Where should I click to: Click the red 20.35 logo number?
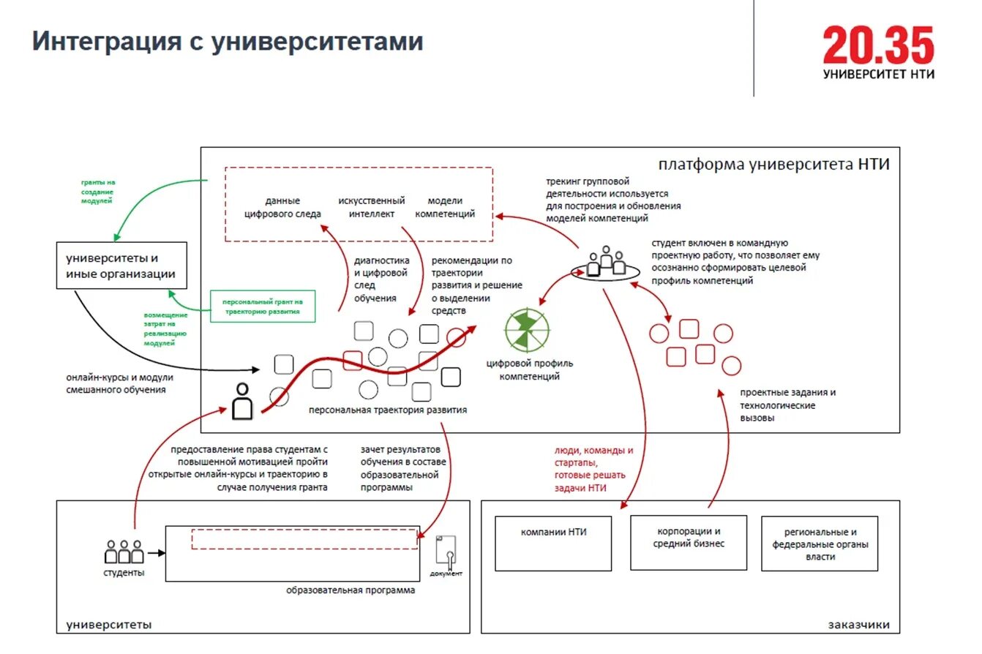[x=878, y=45]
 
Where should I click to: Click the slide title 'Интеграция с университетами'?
[x=228, y=41]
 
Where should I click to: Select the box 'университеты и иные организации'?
[x=121, y=266]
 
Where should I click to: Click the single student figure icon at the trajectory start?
[x=242, y=402]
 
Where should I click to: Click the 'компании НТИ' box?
[x=553, y=543]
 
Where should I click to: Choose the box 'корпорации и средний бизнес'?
[x=689, y=542]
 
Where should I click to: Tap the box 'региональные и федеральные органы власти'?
[x=820, y=544]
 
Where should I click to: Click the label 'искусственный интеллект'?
[x=372, y=207]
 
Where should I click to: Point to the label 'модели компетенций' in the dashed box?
[x=445, y=207]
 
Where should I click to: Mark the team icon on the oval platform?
[x=605, y=262]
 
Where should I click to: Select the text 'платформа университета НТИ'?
[x=773, y=164]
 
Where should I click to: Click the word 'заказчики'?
[x=859, y=625]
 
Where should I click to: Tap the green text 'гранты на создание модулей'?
[x=97, y=190]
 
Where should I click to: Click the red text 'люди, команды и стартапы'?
[x=593, y=456]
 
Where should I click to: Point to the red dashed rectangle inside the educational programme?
[x=304, y=538]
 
